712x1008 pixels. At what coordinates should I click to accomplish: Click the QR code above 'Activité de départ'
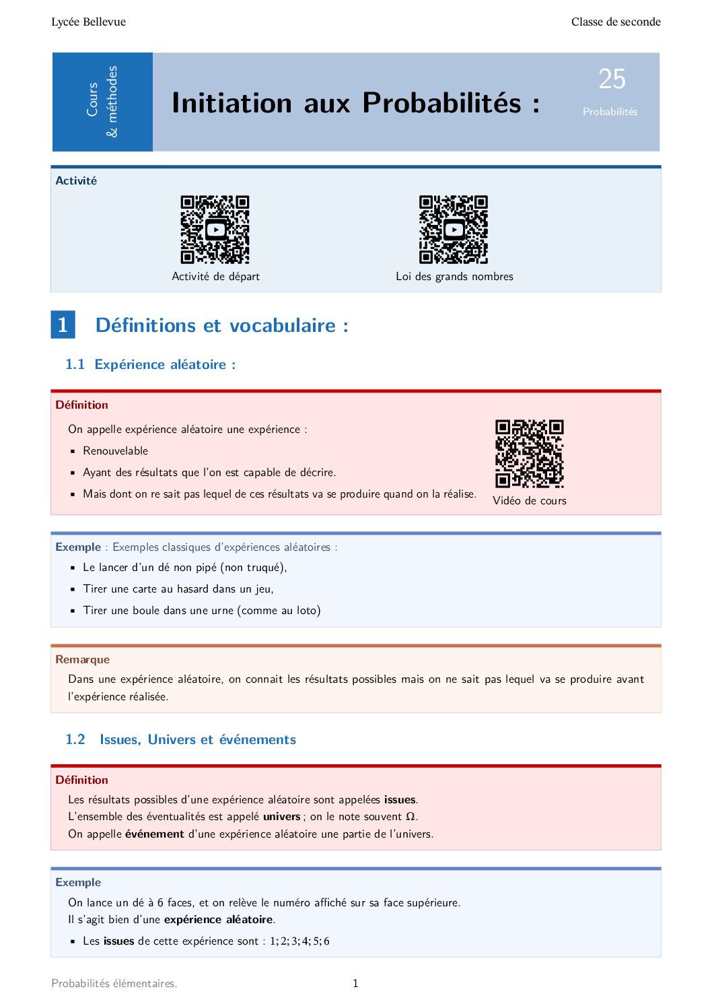coord(215,230)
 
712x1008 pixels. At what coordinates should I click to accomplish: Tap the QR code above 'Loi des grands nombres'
coord(453,230)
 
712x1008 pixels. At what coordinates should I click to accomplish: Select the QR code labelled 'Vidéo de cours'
coord(529,454)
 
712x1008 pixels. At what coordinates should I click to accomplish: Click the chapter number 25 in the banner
coord(612,79)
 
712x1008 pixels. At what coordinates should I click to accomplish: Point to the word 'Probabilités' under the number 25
coord(610,112)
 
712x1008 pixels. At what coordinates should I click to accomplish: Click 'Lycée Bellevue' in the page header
coord(88,22)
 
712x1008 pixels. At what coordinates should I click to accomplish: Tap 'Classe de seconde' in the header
coord(616,22)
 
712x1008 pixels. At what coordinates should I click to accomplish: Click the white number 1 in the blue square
coord(63,325)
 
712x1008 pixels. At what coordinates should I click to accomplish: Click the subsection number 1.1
coord(75,364)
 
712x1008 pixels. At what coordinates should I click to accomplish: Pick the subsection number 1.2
coord(75,739)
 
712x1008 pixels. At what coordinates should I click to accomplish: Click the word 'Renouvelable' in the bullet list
coord(115,450)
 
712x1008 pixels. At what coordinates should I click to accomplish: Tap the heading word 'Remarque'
coord(82,659)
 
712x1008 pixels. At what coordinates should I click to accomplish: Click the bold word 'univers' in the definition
coord(281,816)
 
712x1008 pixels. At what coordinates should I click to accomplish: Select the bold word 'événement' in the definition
coord(154,834)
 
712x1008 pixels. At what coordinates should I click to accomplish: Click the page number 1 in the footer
coord(355,983)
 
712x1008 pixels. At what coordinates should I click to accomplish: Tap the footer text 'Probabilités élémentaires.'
coord(114,983)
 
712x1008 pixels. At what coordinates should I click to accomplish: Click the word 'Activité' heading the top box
coord(76,180)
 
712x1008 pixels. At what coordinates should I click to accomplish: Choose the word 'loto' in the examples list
coord(306,610)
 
